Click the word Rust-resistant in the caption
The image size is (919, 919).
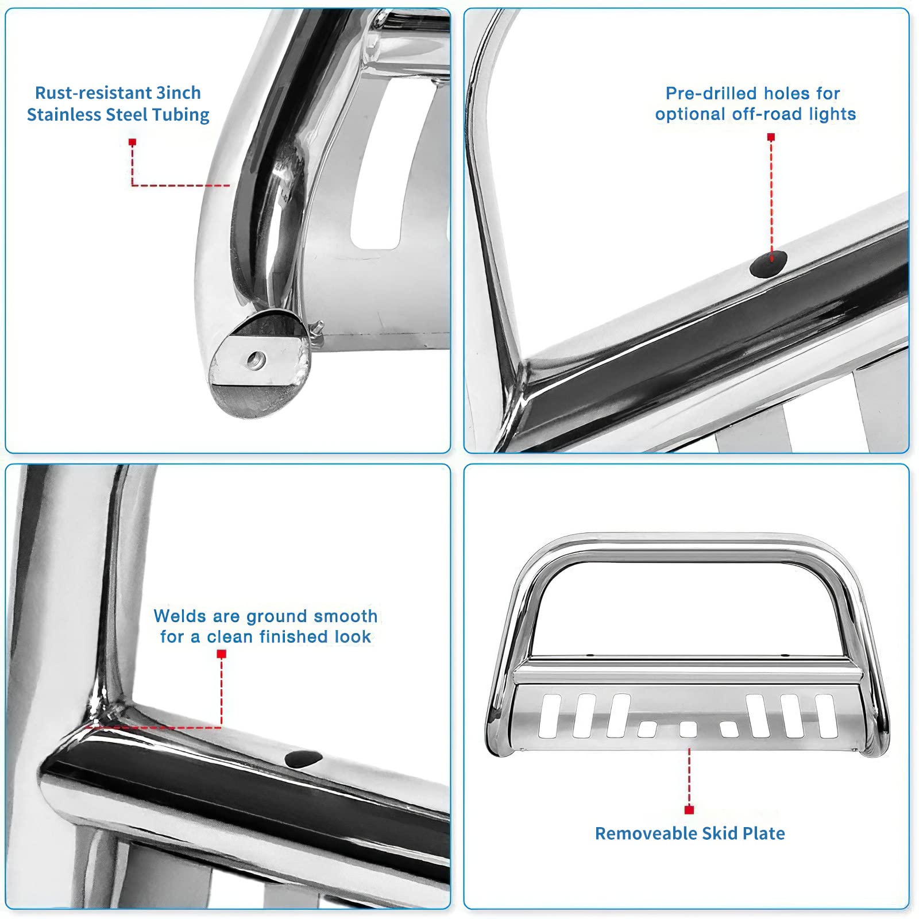pos(84,93)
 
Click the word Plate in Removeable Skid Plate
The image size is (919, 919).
pos(763,833)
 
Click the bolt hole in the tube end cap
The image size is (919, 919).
pos(254,361)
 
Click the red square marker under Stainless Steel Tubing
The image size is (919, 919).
pos(133,142)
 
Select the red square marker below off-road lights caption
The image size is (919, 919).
pos(771,137)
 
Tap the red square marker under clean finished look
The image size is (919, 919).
pos(222,654)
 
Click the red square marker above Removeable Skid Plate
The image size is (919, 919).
pos(689,810)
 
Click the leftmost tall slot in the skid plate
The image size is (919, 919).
pos(550,715)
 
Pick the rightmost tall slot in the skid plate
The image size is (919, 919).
pos(826,715)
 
